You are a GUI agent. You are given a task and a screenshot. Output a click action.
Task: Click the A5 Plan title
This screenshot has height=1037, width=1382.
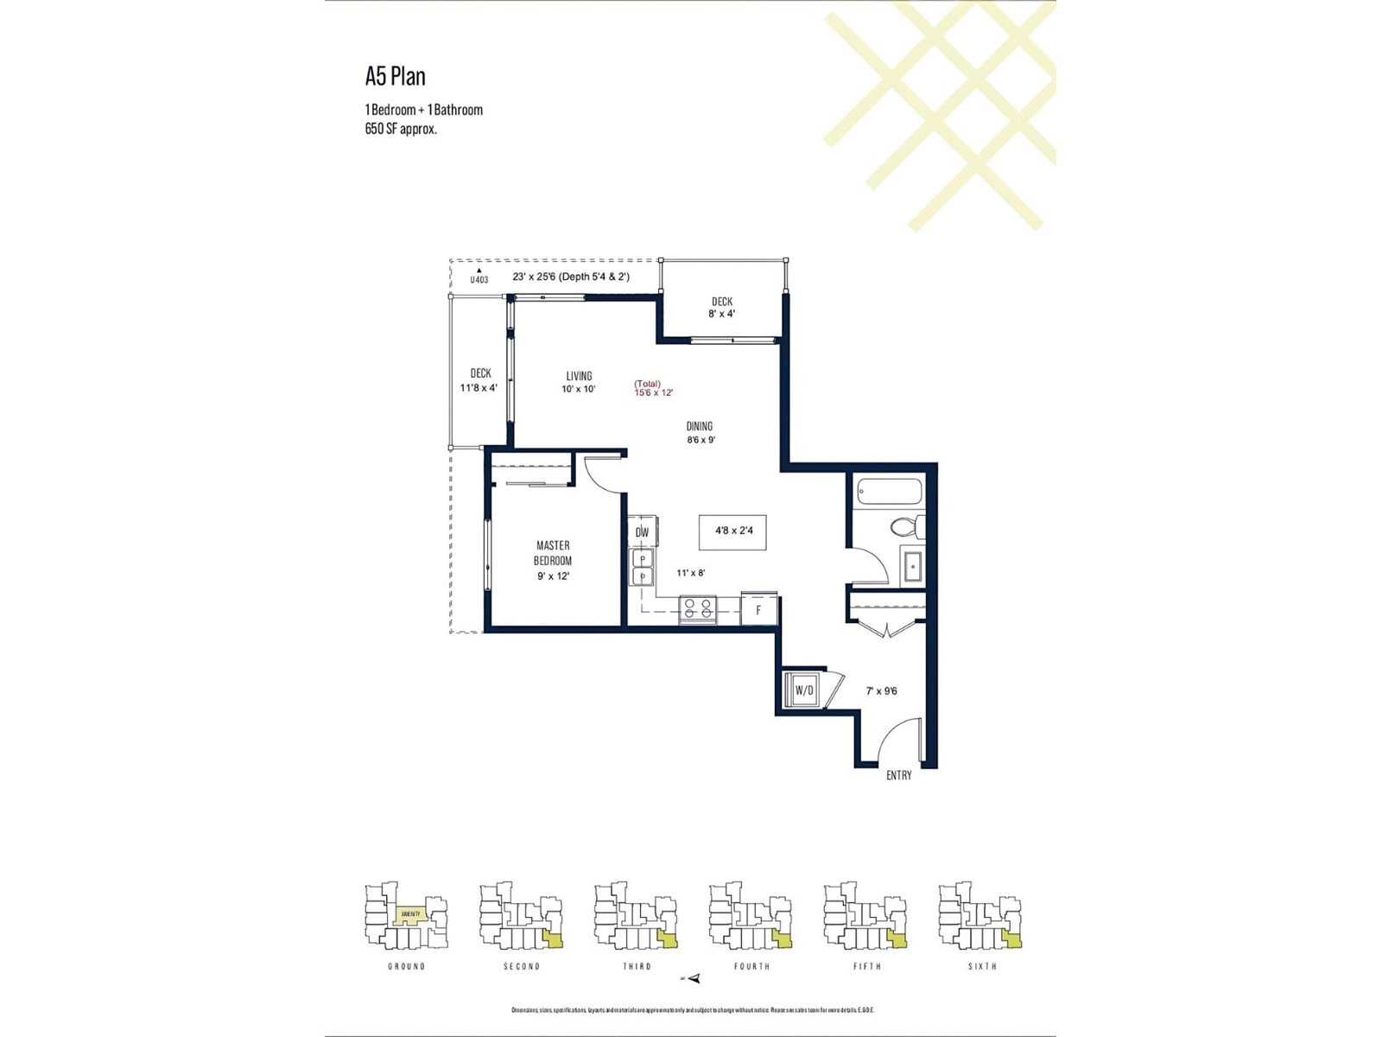tap(396, 76)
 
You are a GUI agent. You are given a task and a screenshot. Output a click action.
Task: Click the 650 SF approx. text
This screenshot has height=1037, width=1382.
tap(401, 129)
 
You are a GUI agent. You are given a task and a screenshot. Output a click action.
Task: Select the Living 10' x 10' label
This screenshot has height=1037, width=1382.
tap(579, 382)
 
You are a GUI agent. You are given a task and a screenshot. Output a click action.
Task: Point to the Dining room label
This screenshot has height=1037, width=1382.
tap(701, 432)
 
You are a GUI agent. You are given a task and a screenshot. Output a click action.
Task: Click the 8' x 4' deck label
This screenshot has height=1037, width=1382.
tap(721, 308)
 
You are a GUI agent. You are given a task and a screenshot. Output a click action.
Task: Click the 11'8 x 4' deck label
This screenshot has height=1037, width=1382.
tap(479, 380)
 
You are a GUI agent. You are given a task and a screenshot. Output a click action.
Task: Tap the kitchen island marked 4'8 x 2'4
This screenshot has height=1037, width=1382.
tap(732, 531)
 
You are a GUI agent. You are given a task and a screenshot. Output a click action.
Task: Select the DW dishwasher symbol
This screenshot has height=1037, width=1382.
tap(643, 532)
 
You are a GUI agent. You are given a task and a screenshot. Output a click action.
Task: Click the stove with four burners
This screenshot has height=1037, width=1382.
tap(698, 608)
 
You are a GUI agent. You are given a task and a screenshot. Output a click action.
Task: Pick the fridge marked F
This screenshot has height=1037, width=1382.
tap(759, 609)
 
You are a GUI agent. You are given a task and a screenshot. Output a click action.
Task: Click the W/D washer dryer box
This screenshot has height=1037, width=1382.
tap(804, 690)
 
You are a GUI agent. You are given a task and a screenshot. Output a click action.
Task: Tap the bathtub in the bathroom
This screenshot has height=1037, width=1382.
tap(890, 493)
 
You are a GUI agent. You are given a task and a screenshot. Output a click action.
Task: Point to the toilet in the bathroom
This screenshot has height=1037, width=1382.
tap(907, 526)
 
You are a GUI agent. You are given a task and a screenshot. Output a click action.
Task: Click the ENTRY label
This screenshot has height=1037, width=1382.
tap(898, 775)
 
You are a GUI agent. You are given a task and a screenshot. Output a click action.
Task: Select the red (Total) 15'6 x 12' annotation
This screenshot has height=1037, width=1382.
tap(653, 388)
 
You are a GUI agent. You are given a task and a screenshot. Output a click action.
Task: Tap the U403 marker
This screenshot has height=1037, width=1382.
tap(479, 277)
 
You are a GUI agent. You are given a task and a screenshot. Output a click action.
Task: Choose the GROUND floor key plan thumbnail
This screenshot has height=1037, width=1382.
tap(406, 916)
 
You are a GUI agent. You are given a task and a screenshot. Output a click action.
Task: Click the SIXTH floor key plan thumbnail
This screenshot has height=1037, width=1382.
tap(981, 916)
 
